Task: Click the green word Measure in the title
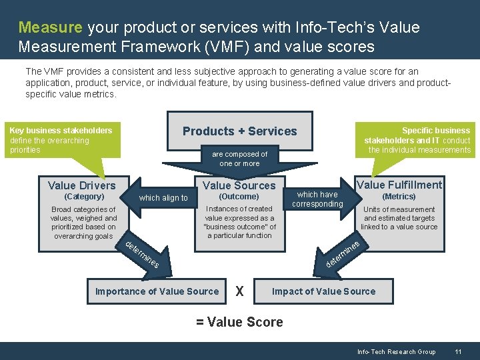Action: [x=50, y=27]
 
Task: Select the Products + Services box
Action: [x=239, y=131]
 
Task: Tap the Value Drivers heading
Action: [x=82, y=185]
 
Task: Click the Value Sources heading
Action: [x=239, y=185]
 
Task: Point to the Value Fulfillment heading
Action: [x=399, y=185]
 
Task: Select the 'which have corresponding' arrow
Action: [x=318, y=199]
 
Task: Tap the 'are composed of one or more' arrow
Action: [x=239, y=159]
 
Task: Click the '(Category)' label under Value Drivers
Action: [x=83, y=197]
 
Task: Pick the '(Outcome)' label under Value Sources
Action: [x=239, y=197]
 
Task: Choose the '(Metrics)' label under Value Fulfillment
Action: [x=399, y=197]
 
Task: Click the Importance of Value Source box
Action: [x=157, y=291]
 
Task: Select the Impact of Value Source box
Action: [x=324, y=291]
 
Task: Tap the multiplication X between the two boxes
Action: [x=240, y=292]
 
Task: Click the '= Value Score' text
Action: [x=239, y=322]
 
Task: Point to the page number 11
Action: [x=458, y=351]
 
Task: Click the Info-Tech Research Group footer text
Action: [x=396, y=351]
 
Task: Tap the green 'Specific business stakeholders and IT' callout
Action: [x=417, y=141]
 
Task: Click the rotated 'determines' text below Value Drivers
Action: [x=142, y=253]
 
